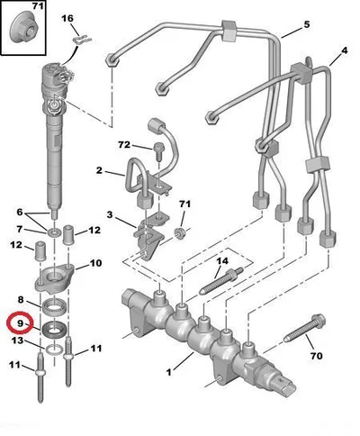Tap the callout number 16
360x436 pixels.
pos(67,19)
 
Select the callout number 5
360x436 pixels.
pos(306,24)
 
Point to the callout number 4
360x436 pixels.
pos(345,50)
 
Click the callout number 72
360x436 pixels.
pos(124,145)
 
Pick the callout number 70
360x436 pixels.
pos(316,356)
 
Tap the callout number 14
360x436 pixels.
pos(222,261)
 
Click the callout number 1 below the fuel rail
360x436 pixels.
pos(169,373)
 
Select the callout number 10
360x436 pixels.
pos(95,263)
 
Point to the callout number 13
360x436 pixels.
pos(17,341)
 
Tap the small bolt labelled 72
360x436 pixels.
pos(157,151)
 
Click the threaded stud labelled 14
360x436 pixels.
pos(220,282)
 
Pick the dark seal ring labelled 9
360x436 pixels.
pos(54,330)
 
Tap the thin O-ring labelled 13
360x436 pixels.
pos(54,350)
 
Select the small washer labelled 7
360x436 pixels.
pos(54,232)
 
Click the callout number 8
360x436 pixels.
pos(20,299)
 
